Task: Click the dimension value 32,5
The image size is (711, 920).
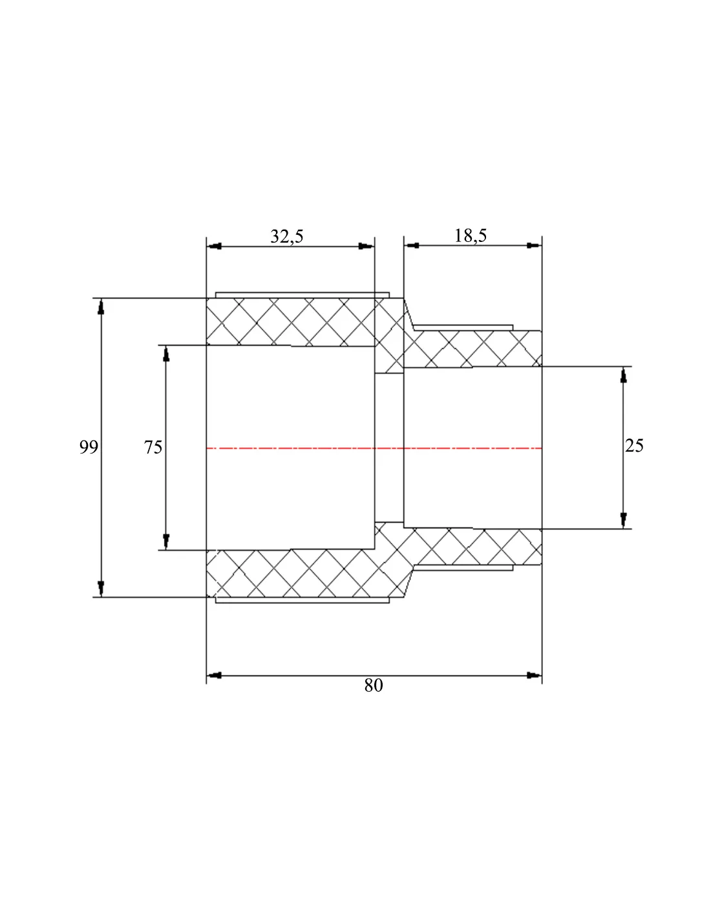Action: [287, 236]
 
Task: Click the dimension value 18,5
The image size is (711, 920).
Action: [471, 235]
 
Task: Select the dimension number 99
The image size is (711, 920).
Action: [89, 447]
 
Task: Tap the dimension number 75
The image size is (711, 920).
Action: [153, 447]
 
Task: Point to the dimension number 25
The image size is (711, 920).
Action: [634, 445]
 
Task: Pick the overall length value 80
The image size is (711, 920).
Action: [374, 685]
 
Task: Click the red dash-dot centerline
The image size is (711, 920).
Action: [374, 448]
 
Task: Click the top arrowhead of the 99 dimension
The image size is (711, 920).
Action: [101, 307]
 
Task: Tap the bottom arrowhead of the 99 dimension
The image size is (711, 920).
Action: [101, 589]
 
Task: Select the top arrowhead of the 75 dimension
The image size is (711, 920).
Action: [166, 353]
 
